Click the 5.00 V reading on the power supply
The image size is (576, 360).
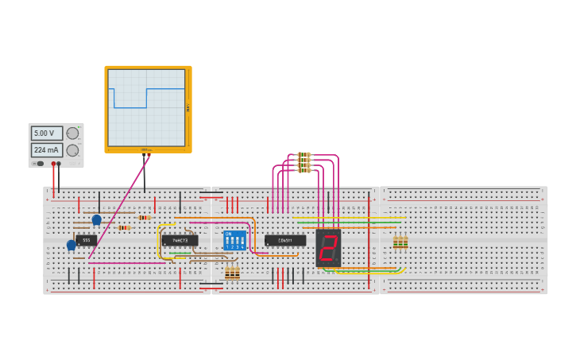[x=46, y=134]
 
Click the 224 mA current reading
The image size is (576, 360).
[x=46, y=150]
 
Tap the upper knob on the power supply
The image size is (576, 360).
[x=72, y=134]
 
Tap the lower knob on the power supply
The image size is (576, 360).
[x=72, y=150]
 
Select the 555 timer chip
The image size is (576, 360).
[x=87, y=240]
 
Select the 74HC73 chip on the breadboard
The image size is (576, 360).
[x=180, y=240]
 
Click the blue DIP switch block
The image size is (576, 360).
[x=234, y=240]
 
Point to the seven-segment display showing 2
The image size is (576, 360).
[x=327, y=248]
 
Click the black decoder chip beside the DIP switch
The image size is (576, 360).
[x=285, y=240]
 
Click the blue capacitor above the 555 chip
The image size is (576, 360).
[x=97, y=219]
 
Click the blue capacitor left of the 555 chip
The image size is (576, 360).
[x=72, y=245]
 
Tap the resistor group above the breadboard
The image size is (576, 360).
[x=303, y=162]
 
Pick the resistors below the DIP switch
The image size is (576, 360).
[x=232, y=273]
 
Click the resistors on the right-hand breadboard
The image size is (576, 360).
[x=400, y=242]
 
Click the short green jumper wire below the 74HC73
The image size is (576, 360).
[x=180, y=254]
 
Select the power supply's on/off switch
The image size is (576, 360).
[x=40, y=163]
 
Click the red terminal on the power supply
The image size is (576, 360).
[x=53, y=164]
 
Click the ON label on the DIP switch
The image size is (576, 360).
[x=228, y=234]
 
